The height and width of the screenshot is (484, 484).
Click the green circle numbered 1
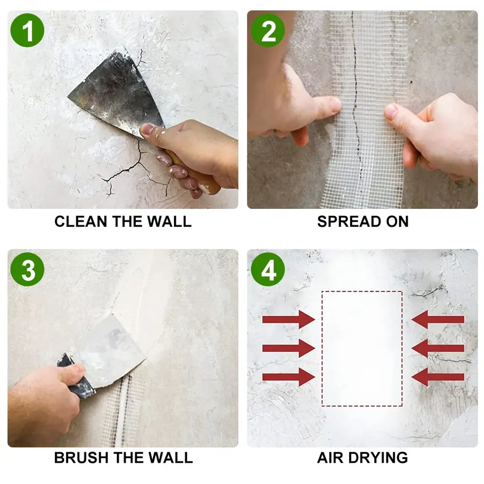[x=27, y=30]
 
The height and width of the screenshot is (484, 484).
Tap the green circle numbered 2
[x=268, y=30]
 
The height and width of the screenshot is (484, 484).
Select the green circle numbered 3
[x=27, y=269]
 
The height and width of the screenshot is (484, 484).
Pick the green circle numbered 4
[x=268, y=269]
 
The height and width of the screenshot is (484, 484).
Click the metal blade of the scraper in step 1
[x=119, y=93]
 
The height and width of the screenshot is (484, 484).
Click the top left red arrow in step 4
[x=289, y=320]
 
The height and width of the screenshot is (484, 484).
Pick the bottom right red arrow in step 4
[x=438, y=377]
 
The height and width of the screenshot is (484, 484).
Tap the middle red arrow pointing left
[x=438, y=348]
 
